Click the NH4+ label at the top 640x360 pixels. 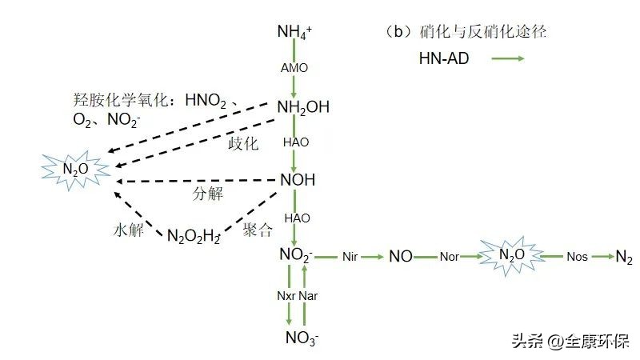pos(294,31)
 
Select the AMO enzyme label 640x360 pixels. pos(294,68)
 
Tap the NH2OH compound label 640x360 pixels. pos(303,108)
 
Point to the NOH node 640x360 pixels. pos(298,179)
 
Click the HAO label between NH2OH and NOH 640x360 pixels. pos(296,142)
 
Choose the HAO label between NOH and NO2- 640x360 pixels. pos(297,218)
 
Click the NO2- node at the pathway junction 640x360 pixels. pos(295,255)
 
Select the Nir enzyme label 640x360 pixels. pos(350,257)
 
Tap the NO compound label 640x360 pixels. pos(401,256)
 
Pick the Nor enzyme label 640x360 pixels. pos(450,257)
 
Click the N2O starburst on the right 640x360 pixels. pos(512,255)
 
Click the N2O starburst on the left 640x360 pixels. pos(75,170)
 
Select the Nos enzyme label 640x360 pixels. pos(577,257)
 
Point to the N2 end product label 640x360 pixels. pos(624,257)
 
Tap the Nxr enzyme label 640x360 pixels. pos(286,296)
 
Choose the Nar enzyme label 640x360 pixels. pos(308,296)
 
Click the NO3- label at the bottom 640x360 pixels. pos(302,338)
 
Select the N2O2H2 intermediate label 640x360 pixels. pos(194,236)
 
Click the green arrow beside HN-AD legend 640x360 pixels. pos(508,58)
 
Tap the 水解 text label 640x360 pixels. pos(129,230)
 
